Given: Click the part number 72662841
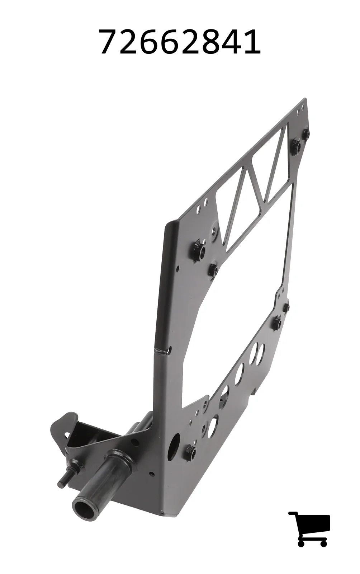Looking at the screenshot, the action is [x=180, y=41].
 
